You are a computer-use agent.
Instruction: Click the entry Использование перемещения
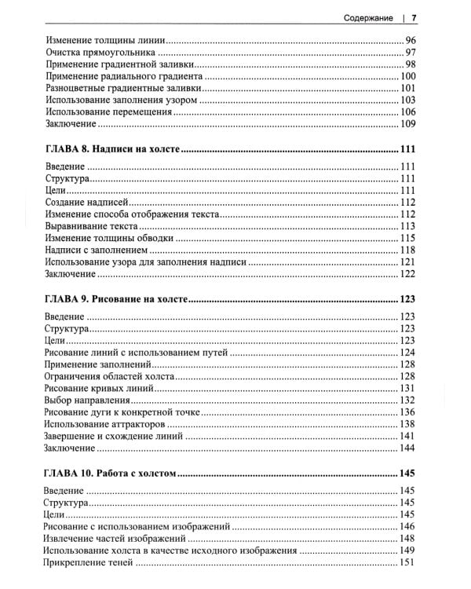[x=108, y=113]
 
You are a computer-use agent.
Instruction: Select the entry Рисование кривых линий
[x=102, y=389]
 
